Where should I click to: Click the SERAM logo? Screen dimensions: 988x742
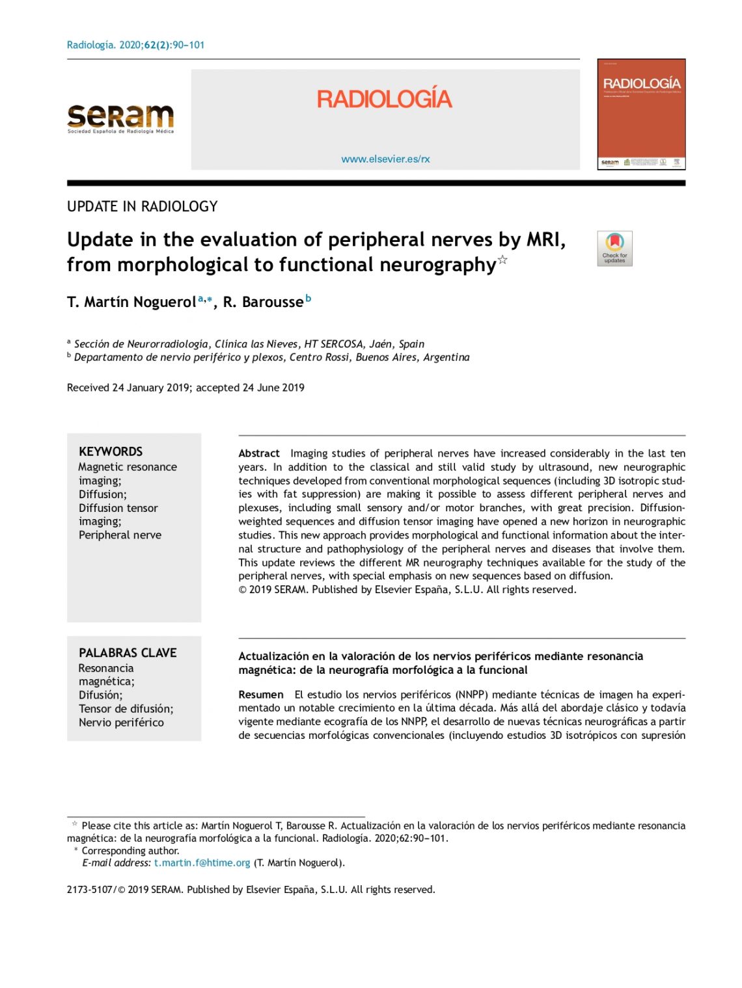(x=120, y=118)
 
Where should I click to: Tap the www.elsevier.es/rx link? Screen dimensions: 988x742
(x=385, y=159)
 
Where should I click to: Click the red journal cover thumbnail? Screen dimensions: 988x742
(x=641, y=114)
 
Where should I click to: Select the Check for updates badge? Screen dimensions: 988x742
(x=614, y=248)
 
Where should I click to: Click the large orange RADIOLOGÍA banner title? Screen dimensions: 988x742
(x=384, y=100)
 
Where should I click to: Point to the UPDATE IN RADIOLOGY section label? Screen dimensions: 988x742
(x=142, y=207)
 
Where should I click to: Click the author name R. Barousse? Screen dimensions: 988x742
(x=263, y=302)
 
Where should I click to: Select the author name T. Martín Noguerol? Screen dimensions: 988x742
(x=131, y=302)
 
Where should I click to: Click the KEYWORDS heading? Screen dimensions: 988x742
(x=111, y=451)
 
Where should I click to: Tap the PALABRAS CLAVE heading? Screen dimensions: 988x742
(x=128, y=653)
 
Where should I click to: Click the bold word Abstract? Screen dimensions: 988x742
(x=259, y=453)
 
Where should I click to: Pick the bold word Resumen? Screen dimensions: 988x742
(x=261, y=695)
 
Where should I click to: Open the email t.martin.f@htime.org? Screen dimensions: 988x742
(x=202, y=863)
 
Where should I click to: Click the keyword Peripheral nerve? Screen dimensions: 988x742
(x=120, y=535)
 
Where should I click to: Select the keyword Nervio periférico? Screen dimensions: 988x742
(x=121, y=723)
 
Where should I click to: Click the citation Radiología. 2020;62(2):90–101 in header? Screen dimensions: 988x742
(x=135, y=45)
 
